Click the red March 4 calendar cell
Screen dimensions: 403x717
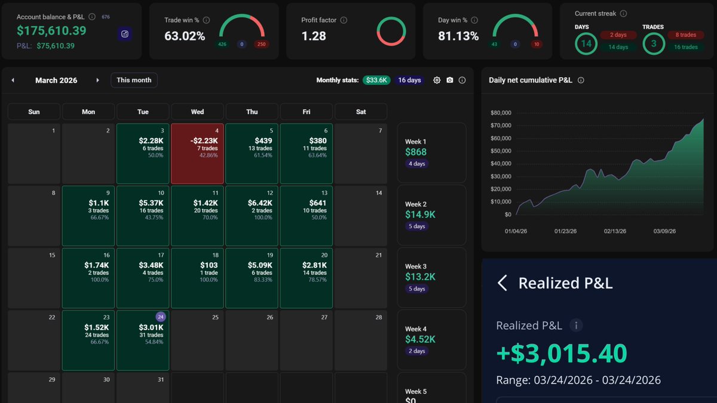(x=197, y=153)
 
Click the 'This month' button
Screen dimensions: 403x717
(x=134, y=80)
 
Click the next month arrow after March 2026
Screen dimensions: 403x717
(x=97, y=80)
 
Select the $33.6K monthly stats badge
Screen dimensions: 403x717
(x=376, y=80)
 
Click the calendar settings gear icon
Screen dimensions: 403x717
(x=437, y=80)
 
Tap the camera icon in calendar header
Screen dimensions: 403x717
(x=450, y=80)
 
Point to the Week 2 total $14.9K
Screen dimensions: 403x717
(x=421, y=214)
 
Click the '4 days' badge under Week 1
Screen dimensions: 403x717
(x=417, y=164)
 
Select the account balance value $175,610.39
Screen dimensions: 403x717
(x=51, y=30)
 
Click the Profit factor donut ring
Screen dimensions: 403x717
(x=391, y=31)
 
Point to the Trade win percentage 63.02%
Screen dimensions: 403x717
(x=185, y=36)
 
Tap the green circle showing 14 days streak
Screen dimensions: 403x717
(x=586, y=44)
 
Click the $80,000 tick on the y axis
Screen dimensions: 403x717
(x=500, y=113)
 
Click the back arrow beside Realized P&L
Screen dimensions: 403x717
(x=502, y=283)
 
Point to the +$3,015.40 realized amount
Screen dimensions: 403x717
(x=562, y=353)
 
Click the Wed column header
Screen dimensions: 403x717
(x=197, y=112)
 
